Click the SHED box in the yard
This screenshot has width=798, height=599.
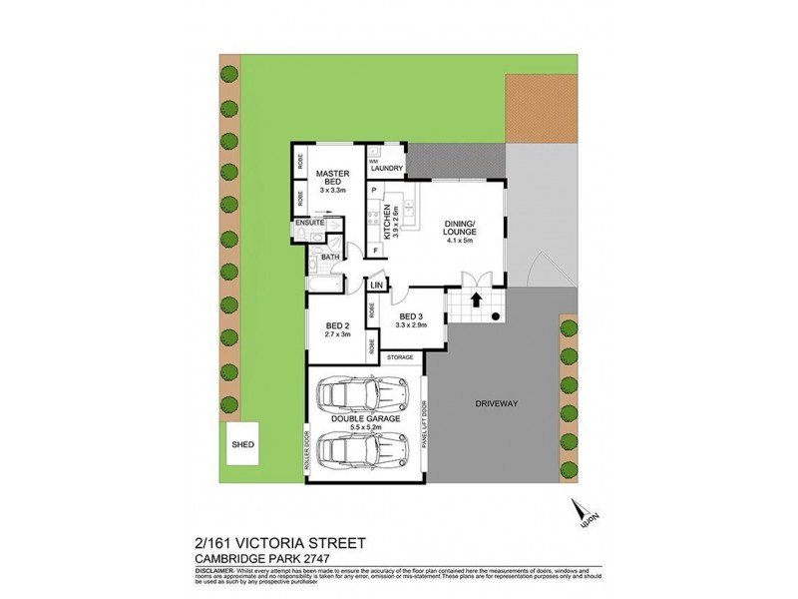(241, 446)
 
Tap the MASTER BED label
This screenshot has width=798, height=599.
(331, 177)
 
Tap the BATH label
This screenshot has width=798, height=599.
(329, 257)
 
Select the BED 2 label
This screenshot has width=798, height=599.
(336, 326)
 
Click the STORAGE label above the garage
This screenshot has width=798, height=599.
(400, 356)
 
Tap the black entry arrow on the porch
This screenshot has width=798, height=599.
(475, 298)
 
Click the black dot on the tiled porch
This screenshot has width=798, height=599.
(496, 317)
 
